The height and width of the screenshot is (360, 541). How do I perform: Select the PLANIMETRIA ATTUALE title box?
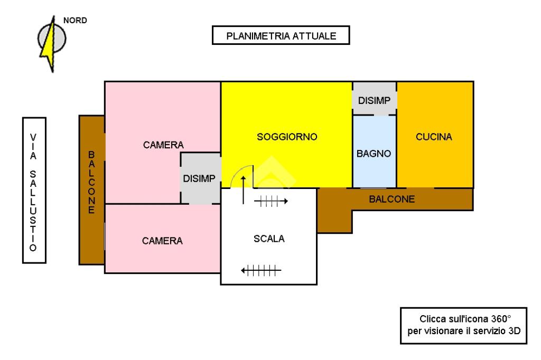(281, 36)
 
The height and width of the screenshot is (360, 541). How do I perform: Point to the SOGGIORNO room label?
(287, 137)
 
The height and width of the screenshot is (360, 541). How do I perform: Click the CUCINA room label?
(434, 137)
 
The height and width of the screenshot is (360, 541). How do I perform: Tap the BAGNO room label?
(374, 154)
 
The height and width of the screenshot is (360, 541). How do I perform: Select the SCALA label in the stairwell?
(269, 239)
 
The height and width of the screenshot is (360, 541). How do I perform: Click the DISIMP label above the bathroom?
(374, 101)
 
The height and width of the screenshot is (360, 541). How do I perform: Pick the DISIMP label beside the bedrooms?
(199, 178)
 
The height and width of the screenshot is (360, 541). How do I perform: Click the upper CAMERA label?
(163, 145)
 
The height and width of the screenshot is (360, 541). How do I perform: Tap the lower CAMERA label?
(162, 241)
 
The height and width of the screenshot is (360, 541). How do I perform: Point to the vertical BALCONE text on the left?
(91, 182)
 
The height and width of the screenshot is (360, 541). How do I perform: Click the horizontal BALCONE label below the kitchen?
(392, 200)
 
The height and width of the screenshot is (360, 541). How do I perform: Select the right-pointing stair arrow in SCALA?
(271, 201)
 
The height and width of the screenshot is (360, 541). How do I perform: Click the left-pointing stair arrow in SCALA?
(260, 271)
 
